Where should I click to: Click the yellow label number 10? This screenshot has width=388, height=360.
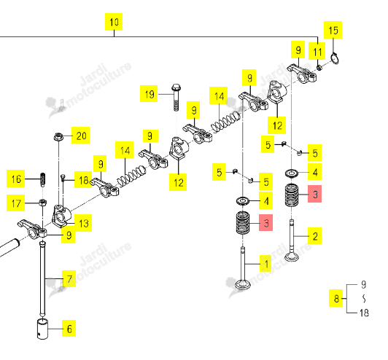114,22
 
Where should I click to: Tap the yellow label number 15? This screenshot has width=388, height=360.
333,30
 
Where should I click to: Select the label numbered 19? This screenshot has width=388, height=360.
149,94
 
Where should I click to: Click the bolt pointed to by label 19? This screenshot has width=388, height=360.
176,98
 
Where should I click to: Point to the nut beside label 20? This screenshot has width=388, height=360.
58,136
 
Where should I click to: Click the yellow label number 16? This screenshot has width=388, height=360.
15,179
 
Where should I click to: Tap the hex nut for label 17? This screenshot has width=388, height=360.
43,203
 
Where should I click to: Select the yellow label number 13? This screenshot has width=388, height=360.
83,223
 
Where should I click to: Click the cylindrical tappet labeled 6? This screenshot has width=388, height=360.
42,329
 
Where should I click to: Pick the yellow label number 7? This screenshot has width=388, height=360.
69,278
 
